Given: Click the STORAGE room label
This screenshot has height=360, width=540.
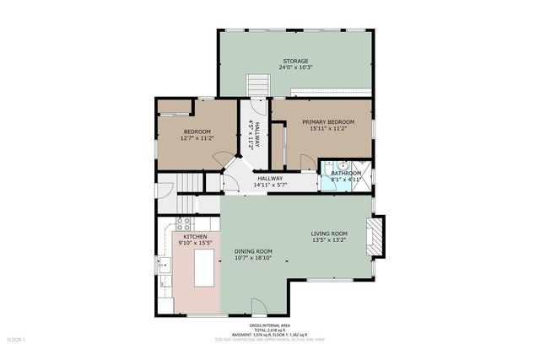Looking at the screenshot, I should [295, 62].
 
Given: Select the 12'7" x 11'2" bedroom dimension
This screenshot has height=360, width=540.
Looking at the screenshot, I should [196, 138].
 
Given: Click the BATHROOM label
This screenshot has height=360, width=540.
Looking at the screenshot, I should [346, 174].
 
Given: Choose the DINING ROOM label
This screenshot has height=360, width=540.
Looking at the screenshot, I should [253, 251].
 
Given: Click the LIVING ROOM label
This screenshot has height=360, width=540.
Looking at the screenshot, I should [329, 234].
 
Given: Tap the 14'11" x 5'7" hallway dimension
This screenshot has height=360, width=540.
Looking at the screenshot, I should [270, 185].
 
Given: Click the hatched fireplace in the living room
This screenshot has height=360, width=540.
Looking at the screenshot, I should [380, 236].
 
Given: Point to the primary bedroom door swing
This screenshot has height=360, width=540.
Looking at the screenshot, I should [307, 162].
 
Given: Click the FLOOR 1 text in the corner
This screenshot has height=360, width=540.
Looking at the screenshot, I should [17, 340].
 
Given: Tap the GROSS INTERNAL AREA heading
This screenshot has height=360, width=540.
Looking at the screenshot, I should [270, 325].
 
